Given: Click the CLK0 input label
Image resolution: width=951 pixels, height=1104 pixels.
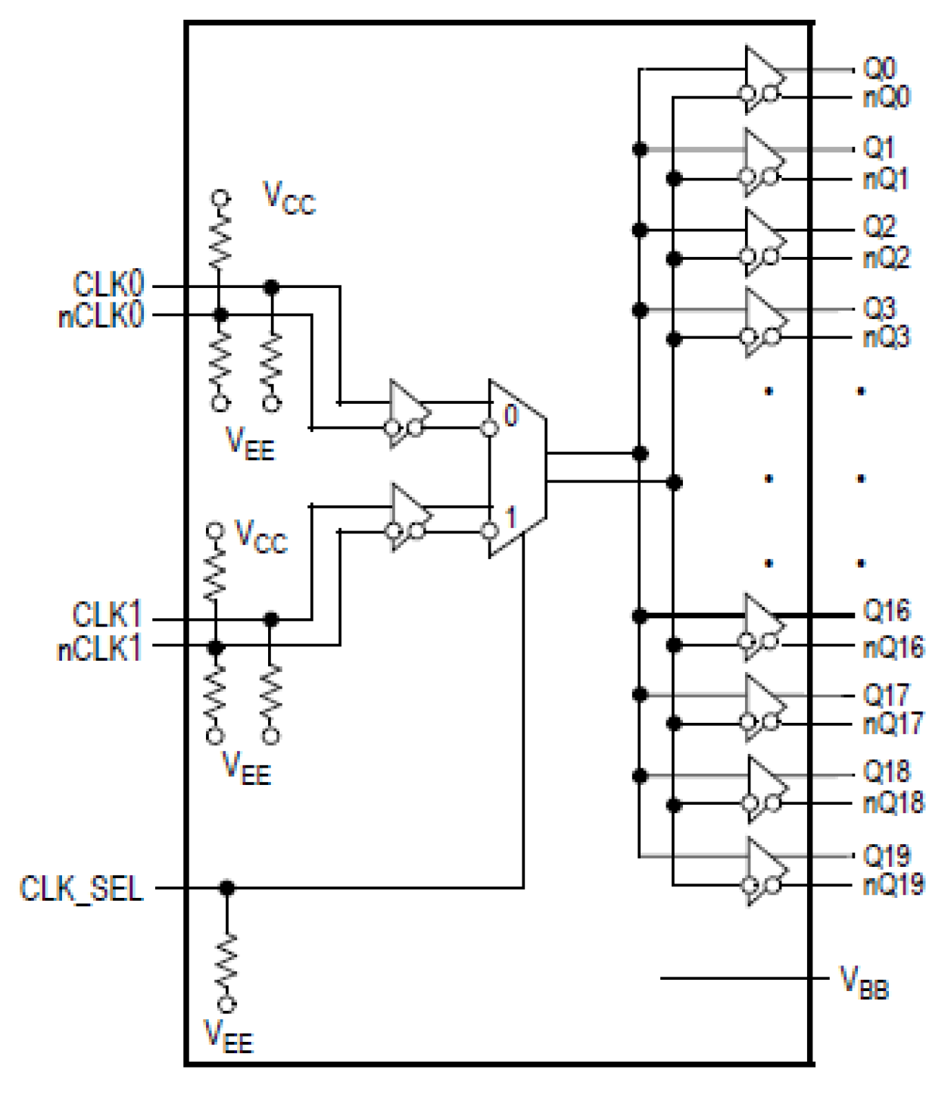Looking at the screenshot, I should coord(108,285).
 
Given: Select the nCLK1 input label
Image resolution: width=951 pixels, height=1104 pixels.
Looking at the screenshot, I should coord(99,649).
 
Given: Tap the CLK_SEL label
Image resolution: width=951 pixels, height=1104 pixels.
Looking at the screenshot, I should coord(81,888).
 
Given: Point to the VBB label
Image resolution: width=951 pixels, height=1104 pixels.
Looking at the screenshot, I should coord(864,984).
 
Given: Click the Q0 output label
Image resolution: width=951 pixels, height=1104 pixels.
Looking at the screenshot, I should coord(879,68).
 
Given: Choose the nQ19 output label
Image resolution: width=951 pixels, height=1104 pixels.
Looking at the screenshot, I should coord(893,884).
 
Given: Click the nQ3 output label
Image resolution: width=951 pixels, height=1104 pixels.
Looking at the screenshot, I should coord(886,336).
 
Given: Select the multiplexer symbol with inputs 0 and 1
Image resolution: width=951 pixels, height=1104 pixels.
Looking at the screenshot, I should coord(517,468).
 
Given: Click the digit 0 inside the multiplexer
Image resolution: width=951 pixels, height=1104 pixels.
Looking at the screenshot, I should coord(511,415).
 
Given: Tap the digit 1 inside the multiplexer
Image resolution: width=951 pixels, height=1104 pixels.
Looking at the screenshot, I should coord(511,518).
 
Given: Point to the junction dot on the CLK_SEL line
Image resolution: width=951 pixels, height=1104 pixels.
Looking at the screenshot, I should coord(226,887).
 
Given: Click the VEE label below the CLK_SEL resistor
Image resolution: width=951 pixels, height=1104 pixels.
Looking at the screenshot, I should coord(228,1037).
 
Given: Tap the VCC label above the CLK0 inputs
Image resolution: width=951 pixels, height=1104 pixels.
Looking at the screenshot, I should coord(288,198).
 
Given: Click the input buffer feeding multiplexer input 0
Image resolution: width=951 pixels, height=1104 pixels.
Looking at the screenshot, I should coord(407,413).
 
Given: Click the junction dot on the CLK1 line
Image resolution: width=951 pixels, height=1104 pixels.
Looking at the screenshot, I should coord(271,620).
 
